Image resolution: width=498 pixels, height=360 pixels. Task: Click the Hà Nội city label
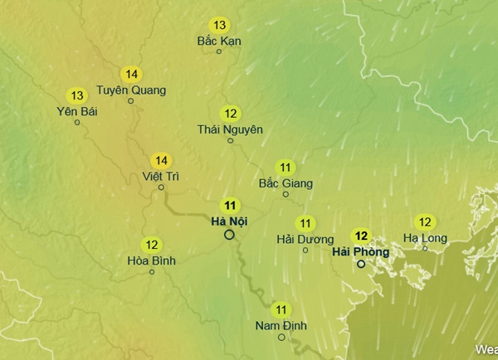[x=229, y=221]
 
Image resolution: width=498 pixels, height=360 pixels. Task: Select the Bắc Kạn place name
[x=218, y=40]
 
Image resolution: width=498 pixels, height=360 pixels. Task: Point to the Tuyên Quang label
[x=131, y=90]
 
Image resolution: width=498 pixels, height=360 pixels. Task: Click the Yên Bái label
[x=77, y=111]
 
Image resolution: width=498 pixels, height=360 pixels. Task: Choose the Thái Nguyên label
[x=230, y=129]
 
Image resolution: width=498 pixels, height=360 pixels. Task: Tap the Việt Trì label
[x=161, y=176]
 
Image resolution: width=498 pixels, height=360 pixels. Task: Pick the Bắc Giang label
[x=286, y=182]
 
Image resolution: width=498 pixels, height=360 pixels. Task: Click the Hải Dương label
[x=305, y=239]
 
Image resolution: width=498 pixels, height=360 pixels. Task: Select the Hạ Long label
[x=425, y=238]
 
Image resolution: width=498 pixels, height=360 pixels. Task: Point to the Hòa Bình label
[x=152, y=260]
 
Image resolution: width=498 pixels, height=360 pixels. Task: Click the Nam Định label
[x=281, y=325]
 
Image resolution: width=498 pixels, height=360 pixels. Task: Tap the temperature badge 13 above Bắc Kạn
[x=219, y=25]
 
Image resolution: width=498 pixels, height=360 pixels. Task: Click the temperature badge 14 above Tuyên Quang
[x=131, y=74]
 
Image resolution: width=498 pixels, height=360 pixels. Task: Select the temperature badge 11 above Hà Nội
[x=230, y=205]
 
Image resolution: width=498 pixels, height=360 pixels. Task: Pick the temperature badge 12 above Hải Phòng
[x=361, y=235]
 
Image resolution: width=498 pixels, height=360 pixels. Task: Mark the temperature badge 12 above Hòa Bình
[x=152, y=245]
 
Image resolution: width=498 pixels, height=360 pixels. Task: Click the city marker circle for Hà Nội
[x=230, y=235]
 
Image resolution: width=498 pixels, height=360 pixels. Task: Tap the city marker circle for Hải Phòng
[x=361, y=264]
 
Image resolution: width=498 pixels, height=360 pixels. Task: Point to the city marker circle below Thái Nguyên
[x=231, y=141]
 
